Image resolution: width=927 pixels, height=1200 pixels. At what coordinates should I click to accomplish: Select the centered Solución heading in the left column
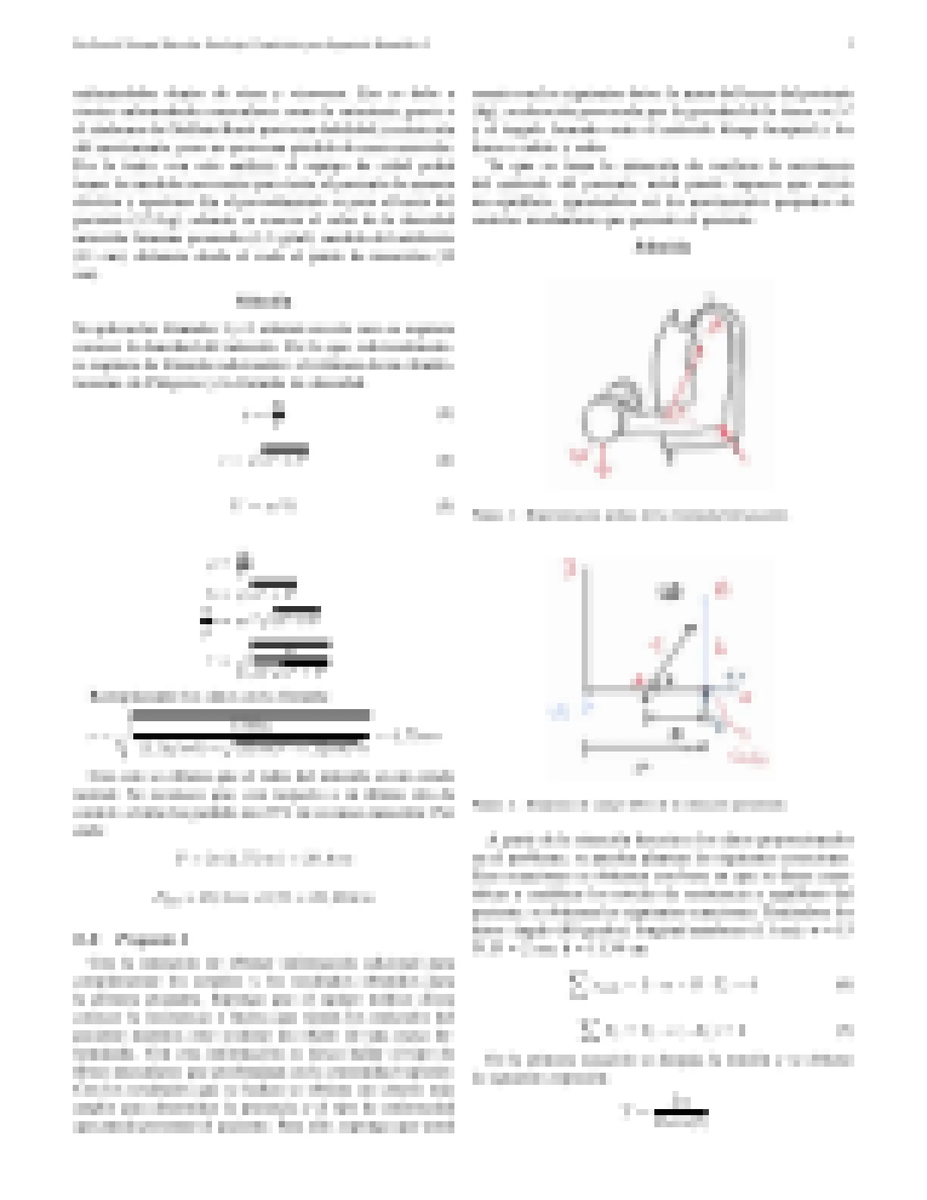264,302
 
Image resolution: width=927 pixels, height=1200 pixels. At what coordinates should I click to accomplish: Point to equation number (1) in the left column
445,414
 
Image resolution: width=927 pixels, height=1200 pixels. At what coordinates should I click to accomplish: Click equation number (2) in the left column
445,460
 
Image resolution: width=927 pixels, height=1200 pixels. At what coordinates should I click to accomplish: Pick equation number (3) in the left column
445,507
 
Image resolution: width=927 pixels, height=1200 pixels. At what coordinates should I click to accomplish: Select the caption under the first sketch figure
629,515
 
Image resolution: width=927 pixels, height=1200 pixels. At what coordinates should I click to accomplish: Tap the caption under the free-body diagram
629,805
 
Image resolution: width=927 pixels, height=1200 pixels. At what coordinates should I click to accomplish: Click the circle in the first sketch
602,420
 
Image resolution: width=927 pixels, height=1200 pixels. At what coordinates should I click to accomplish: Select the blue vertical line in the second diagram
706,644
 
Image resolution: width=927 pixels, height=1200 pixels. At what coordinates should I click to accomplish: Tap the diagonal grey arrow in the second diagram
670,655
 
